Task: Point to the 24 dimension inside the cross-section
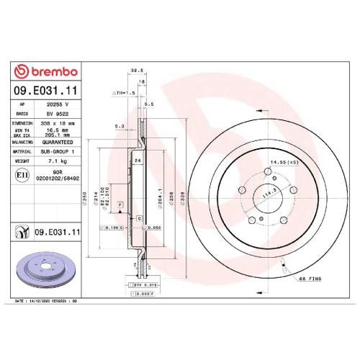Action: (x=136, y=160)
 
